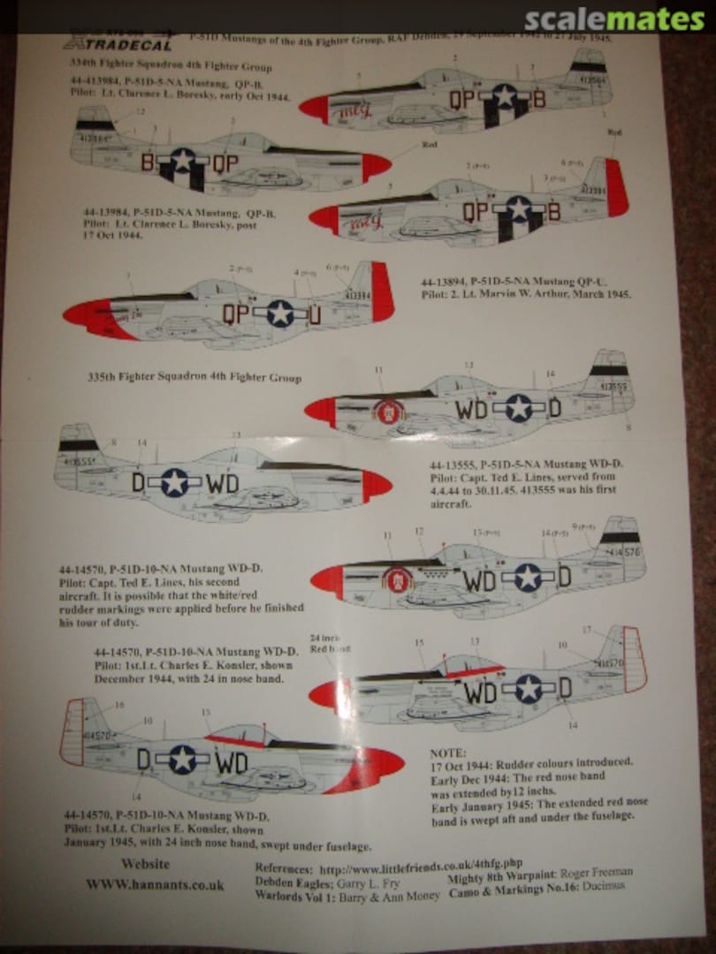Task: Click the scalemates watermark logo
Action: [x=614, y=19]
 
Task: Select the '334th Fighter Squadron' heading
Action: [x=171, y=66]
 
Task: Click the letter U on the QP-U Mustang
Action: [x=314, y=314]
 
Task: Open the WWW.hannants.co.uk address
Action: [x=155, y=884]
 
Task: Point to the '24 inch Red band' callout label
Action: [x=331, y=642]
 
